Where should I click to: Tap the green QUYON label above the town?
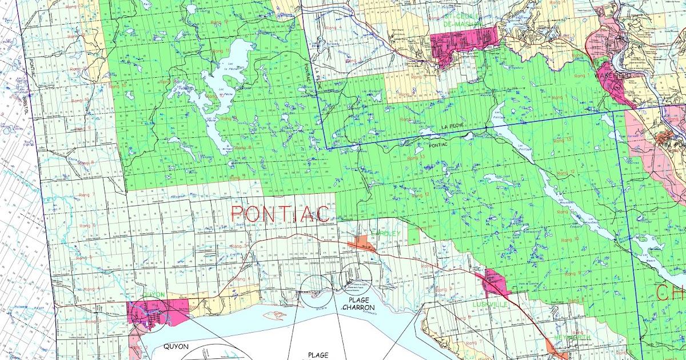click(153, 295)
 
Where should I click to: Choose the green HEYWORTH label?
click(572, 337)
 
